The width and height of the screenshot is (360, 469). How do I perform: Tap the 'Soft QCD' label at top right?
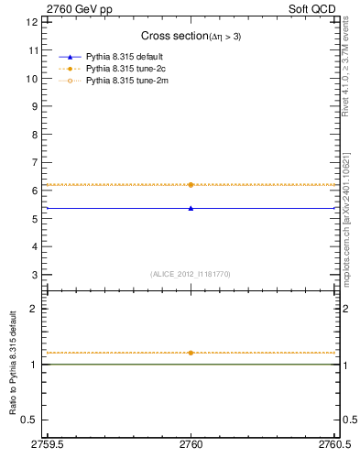coord(313,9)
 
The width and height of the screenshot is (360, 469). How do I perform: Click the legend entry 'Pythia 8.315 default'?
coord(125,57)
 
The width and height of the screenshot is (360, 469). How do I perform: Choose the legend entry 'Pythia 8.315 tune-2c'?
coord(125,69)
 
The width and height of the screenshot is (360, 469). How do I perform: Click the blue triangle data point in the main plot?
coord(191,208)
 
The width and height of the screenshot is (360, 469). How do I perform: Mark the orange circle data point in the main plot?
coord(191,185)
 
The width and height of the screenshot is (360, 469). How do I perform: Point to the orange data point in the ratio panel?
coord(191,353)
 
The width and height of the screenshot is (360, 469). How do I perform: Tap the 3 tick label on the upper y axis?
coord(34,275)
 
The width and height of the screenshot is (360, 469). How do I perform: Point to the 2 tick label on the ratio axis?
coord(34,309)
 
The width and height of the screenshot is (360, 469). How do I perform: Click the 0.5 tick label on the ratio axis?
coord(29,420)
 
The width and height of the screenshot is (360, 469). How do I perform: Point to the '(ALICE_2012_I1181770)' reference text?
coord(191,273)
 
